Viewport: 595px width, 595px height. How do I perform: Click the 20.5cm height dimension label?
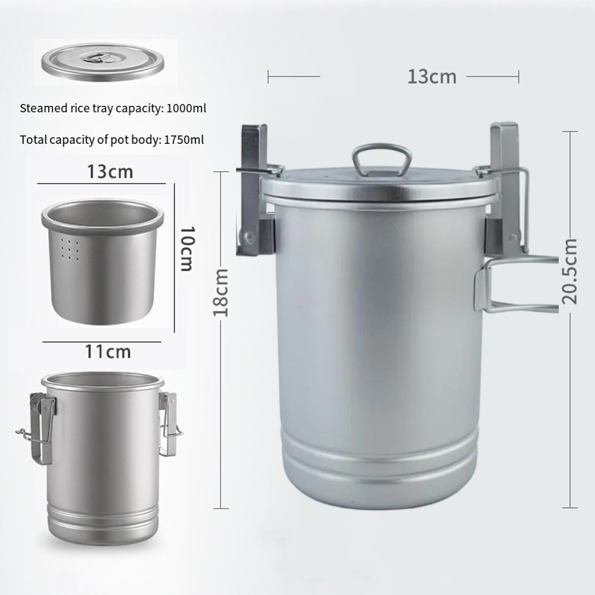coord(569,271)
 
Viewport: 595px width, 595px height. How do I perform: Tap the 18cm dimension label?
coord(221,292)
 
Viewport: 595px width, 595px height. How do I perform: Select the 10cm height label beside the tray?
coord(187,249)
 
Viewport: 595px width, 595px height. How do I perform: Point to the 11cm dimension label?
coord(108,352)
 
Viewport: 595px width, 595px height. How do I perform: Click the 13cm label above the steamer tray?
coord(110,172)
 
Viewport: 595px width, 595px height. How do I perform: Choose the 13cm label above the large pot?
coord(432,77)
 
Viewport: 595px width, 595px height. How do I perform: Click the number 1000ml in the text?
coord(186,108)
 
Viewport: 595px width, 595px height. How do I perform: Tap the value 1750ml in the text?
coord(184,140)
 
